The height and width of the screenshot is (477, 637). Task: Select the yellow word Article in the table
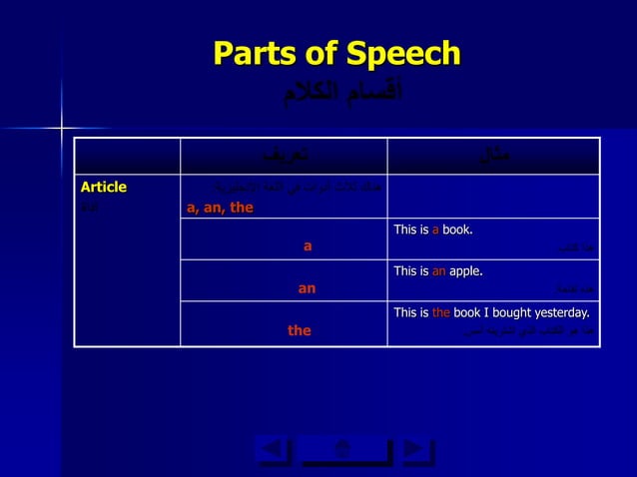pos(104,187)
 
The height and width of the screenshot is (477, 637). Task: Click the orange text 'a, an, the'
pos(220,208)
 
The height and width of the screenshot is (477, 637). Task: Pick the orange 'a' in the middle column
pos(309,245)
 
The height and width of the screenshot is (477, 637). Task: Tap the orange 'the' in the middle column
pos(300,330)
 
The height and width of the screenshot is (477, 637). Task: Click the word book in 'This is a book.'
pos(456,231)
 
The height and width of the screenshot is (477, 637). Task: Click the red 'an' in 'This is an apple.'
pos(439,270)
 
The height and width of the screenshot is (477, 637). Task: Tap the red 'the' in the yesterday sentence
pos(441,312)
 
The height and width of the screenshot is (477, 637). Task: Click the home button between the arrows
pos(344,452)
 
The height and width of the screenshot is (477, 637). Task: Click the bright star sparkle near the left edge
pos(60,128)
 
